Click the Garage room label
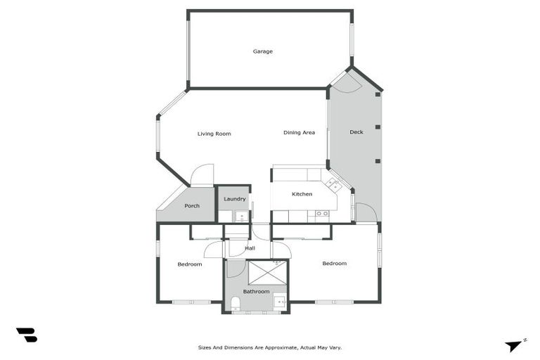click(x=263, y=51)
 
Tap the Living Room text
click(x=214, y=134)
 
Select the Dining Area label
click(x=299, y=132)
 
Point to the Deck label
click(x=356, y=132)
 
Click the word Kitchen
click(x=302, y=194)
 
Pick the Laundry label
click(x=234, y=199)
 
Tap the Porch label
click(x=192, y=206)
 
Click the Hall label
click(x=250, y=247)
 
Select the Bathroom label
click(x=256, y=291)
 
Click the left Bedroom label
click(x=190, y=264)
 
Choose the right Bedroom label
click(x=334, y=264)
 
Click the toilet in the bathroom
click(x=236, y=303)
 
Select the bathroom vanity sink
click(x=280, y=302)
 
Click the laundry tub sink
click(x=240, y=215)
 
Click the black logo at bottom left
click(x=26, y=335)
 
